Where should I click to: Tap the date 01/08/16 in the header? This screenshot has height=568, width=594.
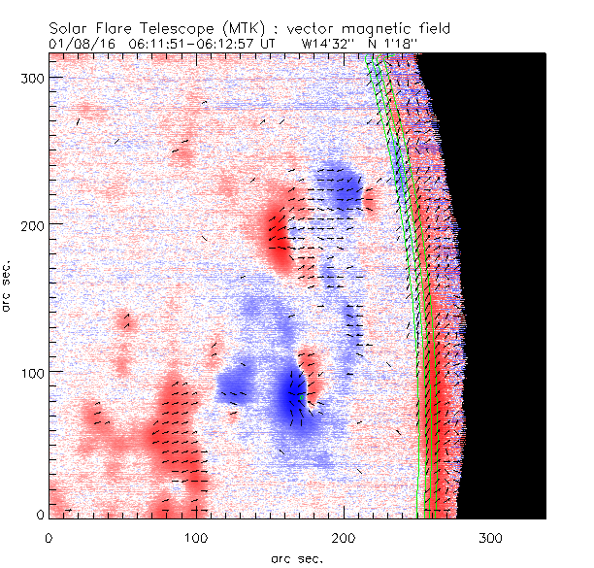tap(75, 44)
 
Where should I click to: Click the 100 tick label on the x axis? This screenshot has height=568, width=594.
tap(196, 537)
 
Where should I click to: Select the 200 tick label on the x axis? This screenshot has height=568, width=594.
tap(344, 537)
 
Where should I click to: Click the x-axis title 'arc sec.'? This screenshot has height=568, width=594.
tap(296, 557)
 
